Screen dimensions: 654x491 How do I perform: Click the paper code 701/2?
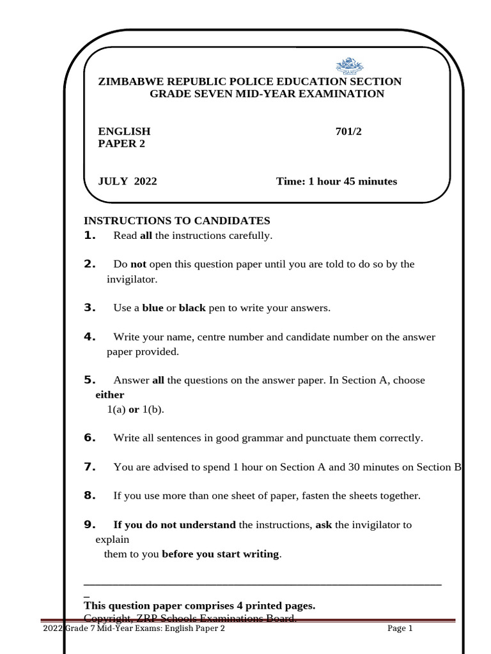[x=352, y=132]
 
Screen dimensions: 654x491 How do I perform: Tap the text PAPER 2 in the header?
[x=121, y=144]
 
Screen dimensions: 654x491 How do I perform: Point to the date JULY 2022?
[x=127, y=181]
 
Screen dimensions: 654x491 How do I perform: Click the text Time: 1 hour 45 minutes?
[x=336, y=181]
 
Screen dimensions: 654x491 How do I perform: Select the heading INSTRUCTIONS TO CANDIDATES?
[x=177, y=221]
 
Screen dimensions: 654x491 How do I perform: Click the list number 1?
[x=90, y=236]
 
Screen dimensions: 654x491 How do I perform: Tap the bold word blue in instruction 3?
[x=153, y=308]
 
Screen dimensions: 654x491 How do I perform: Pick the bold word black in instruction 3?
[x=192, y=308]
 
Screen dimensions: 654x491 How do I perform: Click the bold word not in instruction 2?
[x=139, y=264]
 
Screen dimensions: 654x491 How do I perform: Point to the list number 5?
[x=90, y=380]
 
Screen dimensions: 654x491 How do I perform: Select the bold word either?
[x=109, y=395]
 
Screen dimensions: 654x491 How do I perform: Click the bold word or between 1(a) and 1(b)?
[x=134, y=409]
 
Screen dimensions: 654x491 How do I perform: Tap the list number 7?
[x=90, y=467]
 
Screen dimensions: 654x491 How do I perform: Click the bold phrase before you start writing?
[x=221, y=554]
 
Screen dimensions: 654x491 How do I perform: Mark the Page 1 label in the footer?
[x=400, y=628]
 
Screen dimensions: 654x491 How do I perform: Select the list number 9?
[x=90, y=525]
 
